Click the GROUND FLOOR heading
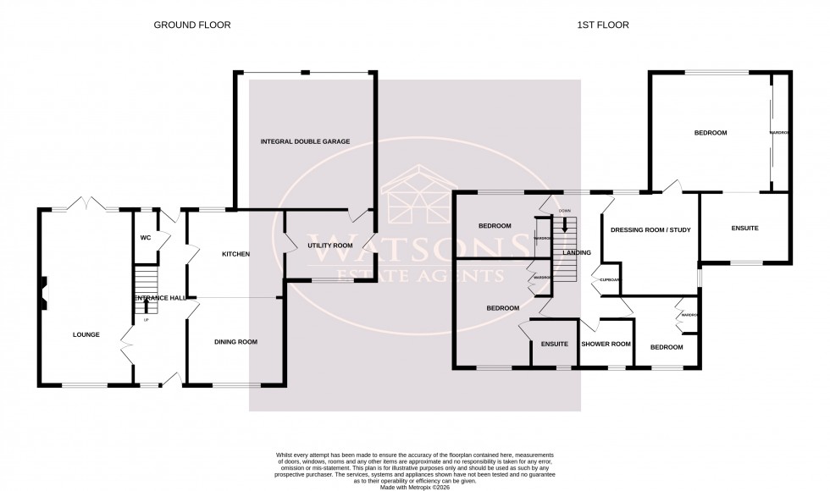tap(191, 25)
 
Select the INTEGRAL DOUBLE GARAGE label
tap(305, 141)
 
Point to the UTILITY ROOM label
tap(330, 245)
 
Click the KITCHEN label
tap(235, 254)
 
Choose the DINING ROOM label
tap(235, 342)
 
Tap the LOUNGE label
tap(86, 334)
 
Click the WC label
tap(145, 238)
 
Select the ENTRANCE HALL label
tap(158, 298)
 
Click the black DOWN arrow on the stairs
tap(565, 226)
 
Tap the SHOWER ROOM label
tap(606, 344)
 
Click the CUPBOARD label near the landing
tap(611, 279)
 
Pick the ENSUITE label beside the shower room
tap(554, 344)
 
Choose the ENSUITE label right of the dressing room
tap(744, 229)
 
